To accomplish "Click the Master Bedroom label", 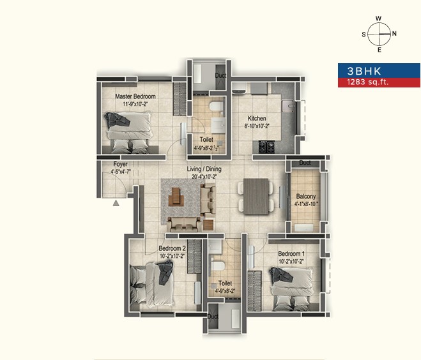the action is pyautogui.click(x=135, y=96).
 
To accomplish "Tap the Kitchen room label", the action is pyautogui.click(x=257, y=118).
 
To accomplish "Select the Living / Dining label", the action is pyautogui.click(x=204, y=169).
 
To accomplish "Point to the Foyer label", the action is pyautogui.click(x=120, y=164).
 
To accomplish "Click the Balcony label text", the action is pyautogui.click(x=306, y=197).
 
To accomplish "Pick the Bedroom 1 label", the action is pyautogui.click(x=291, y=253).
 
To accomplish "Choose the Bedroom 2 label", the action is pyautogui.click(x=172, y=248).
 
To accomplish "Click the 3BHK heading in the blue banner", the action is pyautogui.click(x=364, y=71).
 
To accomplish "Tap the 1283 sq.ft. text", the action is pyautogui.click(x=368, y=82).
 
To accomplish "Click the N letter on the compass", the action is pyautogui.click(x=394, y=34).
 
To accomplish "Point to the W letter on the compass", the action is pyautogui.click(x=379, y=19).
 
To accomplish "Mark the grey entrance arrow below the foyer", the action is pyautogui.click(x=116, y=203).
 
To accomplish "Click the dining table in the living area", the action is pyautogui.click(x=256, y=197).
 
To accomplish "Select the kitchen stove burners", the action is pyautogui.click(x=266, y=146).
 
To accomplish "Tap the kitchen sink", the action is pyautogui.click(x=288, y=106).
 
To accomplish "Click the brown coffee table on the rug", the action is pyautogui.click(x=176, y=197).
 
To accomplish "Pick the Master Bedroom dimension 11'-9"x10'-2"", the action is pyautogui.click(x=135, y=104).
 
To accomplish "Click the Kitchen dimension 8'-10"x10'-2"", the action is pyautogui.click(x=257, y=126).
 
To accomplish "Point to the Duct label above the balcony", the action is pyautogui.click(x=305, y=163).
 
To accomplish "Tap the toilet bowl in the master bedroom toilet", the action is pyautogui.click(x=216, y=106).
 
